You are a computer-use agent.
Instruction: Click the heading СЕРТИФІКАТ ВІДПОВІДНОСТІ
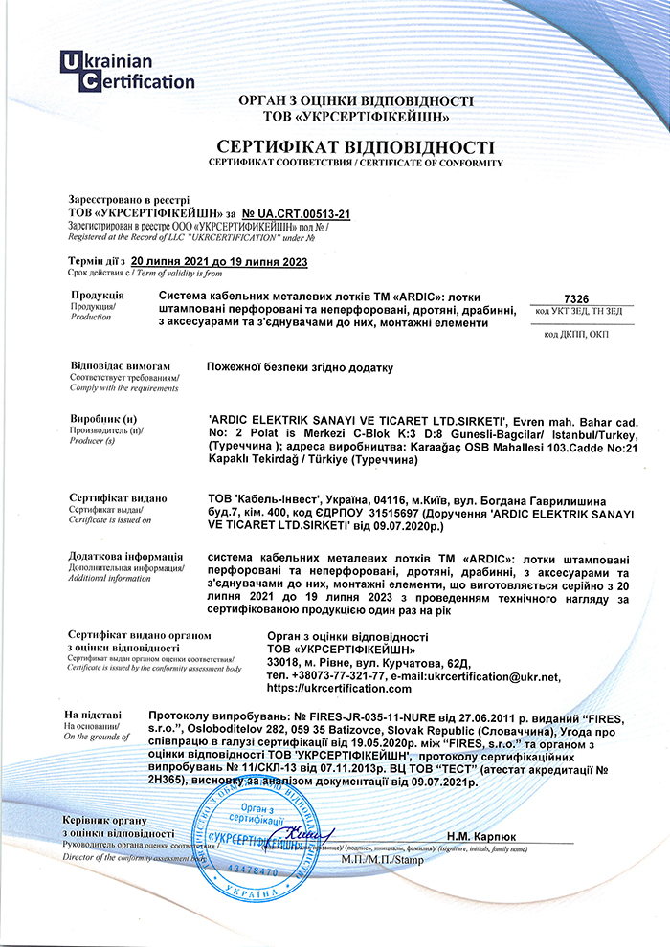[355, 147]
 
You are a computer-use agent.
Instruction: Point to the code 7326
[578, 298]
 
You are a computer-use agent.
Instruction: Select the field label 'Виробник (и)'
[104, 420]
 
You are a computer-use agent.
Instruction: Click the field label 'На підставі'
[93, 715]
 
